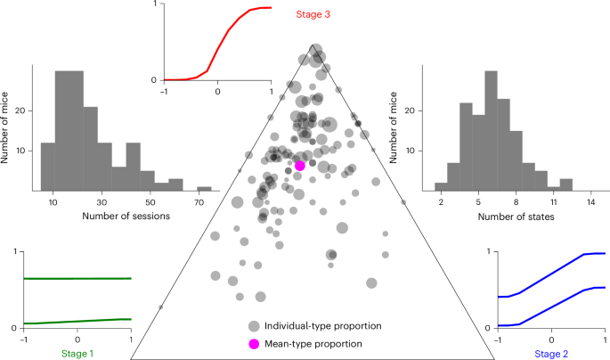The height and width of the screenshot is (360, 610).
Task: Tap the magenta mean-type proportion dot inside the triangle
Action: [x=300, y=165]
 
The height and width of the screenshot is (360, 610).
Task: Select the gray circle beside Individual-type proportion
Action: [x=255, y=326]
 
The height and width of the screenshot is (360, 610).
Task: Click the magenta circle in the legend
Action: [x=255, y=343]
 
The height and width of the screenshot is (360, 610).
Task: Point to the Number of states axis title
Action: [x=515, y=215]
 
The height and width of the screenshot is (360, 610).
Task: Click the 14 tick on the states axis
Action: [x=591, y=200]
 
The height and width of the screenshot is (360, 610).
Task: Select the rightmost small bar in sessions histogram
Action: [x=204, y=188]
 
